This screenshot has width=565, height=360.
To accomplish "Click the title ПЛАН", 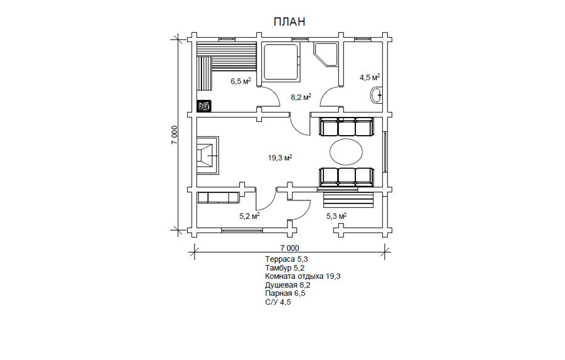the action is coord(289,21).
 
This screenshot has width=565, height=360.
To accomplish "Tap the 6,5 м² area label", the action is coord(240,81).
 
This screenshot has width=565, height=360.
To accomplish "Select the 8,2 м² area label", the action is coord(301,97).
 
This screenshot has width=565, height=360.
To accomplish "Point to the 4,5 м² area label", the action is coord(370,77).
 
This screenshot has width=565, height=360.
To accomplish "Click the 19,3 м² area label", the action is coord(279,158).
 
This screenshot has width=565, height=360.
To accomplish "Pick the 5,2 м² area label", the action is coord(250,216).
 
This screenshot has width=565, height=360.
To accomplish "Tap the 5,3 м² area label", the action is coord(336,216).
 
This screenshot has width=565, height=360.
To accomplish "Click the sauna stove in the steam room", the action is coord(204,106).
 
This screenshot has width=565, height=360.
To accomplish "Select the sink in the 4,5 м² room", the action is coord(377,95).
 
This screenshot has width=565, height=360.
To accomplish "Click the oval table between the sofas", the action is coord(347,152).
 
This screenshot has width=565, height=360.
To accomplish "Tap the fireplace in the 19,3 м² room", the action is coord(208,155).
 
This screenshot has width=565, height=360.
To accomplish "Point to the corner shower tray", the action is coord(326,55).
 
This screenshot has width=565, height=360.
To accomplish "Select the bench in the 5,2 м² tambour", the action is coord(218,198).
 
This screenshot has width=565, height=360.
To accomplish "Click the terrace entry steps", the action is coord(347,200).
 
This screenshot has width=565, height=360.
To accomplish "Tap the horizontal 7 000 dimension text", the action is coord(289,248).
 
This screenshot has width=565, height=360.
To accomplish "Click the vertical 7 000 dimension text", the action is coord(175,135).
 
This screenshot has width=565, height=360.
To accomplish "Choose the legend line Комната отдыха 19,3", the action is coord(303,276).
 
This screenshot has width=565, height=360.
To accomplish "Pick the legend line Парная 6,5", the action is coord(285,293).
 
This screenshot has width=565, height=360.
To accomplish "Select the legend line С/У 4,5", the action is coord(278,302).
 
